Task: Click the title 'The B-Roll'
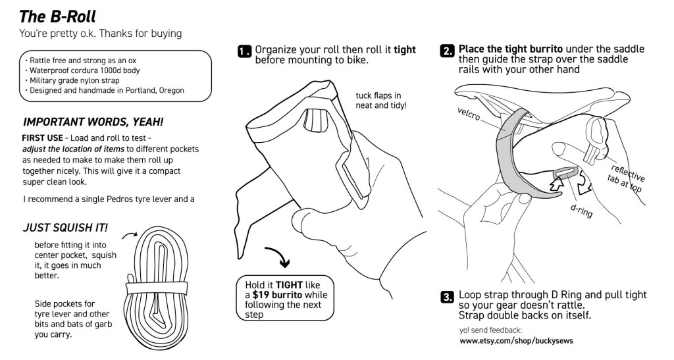tap(59, 14)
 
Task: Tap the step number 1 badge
tap(245, 52)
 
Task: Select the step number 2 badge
tap(448, 52)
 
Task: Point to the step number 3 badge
tap(448, 297)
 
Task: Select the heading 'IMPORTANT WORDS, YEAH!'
tap(93, 122)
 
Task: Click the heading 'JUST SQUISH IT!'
tap(65, 228)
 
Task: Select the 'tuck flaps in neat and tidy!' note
tap(380, 100)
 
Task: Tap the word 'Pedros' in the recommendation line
tap(115, 199)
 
